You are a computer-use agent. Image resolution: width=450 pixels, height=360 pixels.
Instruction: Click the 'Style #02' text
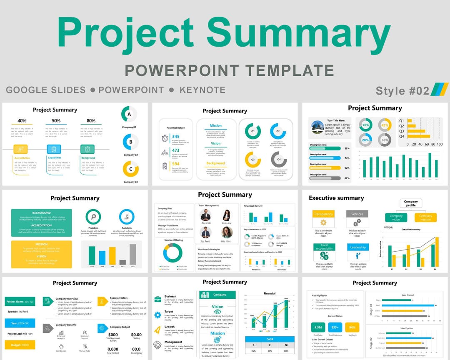402,90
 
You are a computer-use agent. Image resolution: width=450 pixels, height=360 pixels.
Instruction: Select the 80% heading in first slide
91,121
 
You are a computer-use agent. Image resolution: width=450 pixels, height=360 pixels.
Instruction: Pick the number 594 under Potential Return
175,164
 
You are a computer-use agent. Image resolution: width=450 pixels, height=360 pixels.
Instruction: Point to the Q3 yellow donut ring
252,159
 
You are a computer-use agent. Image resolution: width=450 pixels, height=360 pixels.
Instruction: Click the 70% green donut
365,125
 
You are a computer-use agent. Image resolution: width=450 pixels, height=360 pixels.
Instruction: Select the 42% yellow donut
385,125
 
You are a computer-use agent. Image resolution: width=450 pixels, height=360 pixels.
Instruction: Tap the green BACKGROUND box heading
41,213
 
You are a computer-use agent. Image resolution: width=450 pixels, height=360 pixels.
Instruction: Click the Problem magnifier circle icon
93,217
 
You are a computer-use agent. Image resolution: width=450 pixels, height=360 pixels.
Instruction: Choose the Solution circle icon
126,217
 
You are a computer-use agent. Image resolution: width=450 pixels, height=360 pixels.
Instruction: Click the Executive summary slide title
336,198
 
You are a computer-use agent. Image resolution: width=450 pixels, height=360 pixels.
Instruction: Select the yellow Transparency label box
323,214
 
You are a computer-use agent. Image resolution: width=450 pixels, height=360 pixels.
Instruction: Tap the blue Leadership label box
357,247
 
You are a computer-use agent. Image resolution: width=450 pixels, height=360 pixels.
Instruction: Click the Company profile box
411,203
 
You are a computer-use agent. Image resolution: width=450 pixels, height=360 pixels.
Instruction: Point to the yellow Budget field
20,345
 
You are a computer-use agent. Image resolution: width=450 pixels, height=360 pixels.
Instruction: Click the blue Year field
20,323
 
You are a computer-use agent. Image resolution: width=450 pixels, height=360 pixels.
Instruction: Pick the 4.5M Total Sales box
318,327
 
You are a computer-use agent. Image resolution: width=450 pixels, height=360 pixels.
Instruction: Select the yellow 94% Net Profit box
352,327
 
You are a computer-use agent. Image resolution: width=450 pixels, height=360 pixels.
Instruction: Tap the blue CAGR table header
270,339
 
